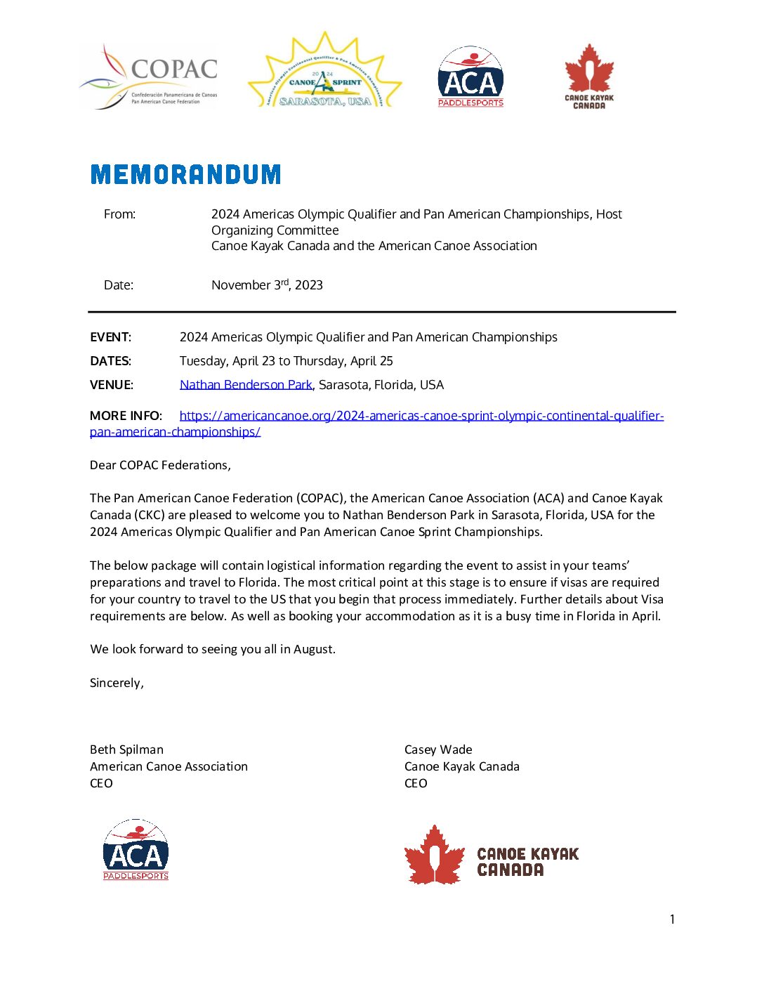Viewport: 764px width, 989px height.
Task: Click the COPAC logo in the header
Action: pos(149,77)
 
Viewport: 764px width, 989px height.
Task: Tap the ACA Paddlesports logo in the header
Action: pos(470,77)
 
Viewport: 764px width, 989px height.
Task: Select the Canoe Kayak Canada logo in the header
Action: pos(589,77)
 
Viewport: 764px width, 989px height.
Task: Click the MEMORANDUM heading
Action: pos(186,174)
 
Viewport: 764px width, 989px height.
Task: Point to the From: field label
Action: pos(119,214)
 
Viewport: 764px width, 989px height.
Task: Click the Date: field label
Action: pos(118,285)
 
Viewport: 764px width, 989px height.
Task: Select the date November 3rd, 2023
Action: pos(267,285)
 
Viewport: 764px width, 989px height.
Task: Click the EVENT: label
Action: pos(110,337)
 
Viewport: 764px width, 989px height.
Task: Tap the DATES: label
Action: pos(110,361)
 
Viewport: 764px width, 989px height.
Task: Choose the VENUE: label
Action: pos(111,385)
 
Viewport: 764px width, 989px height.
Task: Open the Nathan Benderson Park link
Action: pos(246,385)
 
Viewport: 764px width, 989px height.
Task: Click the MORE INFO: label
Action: pos(126,416)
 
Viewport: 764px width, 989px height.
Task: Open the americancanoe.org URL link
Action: pos(421,416)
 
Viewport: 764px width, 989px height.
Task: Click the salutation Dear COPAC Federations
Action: pos(160,465)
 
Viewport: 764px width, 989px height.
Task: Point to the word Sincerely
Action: pos(117,683)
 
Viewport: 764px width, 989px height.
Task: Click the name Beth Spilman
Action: pos(126,749)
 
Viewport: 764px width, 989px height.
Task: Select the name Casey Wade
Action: pos(438,749)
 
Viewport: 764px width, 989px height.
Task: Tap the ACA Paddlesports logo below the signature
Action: pos(136,849)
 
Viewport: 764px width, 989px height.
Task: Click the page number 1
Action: pos(672,919)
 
